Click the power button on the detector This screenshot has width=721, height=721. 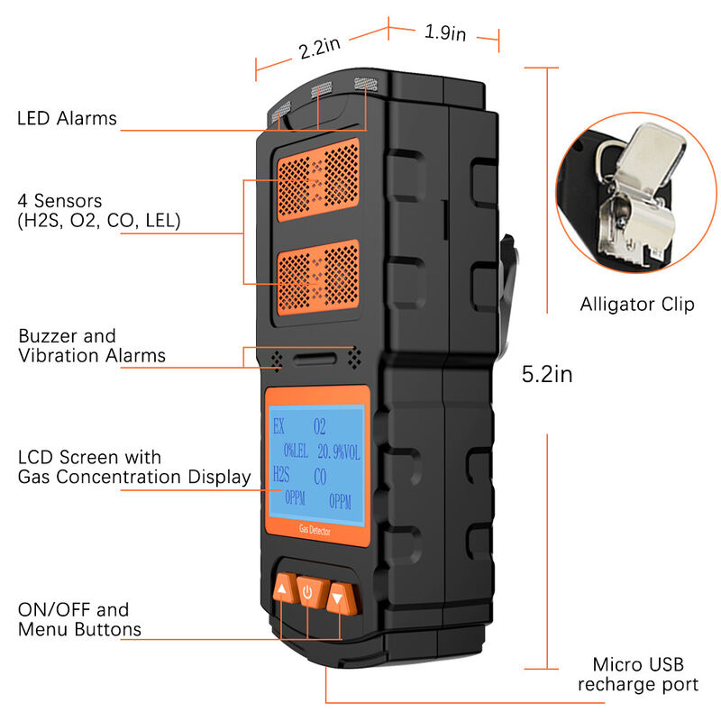tap(308, 592)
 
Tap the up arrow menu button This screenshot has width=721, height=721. tap(283, 590)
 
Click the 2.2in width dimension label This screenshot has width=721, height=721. tap(319, 47)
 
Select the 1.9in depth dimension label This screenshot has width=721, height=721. tap(444, 33)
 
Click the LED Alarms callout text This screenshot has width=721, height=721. tap(68, 118)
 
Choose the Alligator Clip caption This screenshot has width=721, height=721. tap(637, 304)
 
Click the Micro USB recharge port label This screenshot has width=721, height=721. tap(637, 675)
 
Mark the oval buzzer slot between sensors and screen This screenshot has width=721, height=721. tap(315, 359)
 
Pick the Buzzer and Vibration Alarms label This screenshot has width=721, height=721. tap(91, 346)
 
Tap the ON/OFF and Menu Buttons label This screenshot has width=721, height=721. tap(78, 619)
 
